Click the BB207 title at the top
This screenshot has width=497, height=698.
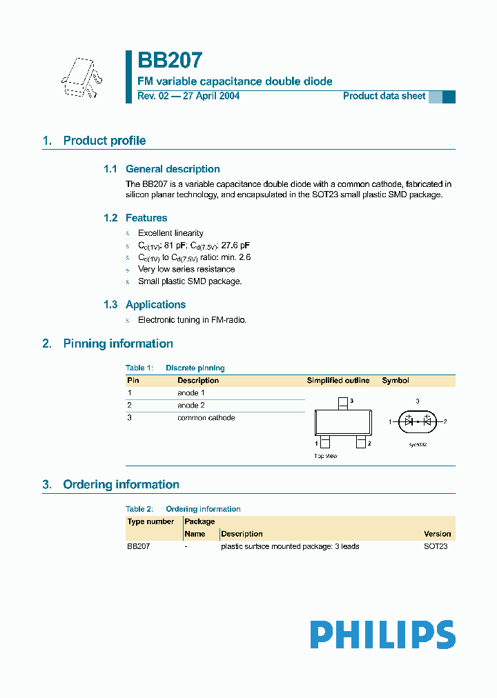click(170, 61)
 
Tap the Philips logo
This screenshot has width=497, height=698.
click(382, 635)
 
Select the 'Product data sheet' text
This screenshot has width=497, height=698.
click(384, 96)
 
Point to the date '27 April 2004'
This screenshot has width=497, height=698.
click(211, 96)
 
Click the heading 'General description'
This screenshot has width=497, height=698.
click(173, 169)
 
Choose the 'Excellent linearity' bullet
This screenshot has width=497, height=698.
click(170, 233)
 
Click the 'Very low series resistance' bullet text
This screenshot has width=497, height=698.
click(186, 269)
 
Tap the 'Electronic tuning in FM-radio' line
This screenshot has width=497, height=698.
click(192, 320)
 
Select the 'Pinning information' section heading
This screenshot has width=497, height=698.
click(117, 343)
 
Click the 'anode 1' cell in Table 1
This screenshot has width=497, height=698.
click(191, 392)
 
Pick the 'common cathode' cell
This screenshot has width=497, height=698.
click(206, 417)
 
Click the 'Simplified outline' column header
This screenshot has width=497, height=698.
click(338, 380)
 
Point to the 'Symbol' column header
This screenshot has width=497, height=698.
click(396, 380)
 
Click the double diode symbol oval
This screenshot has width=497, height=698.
click(417, 421)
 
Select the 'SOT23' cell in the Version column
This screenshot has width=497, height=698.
click(436, 546)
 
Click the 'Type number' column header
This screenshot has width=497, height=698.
click(150, 521)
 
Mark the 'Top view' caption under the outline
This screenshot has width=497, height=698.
click(326, 456)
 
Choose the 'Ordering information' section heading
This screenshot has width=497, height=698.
click(121, 484)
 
